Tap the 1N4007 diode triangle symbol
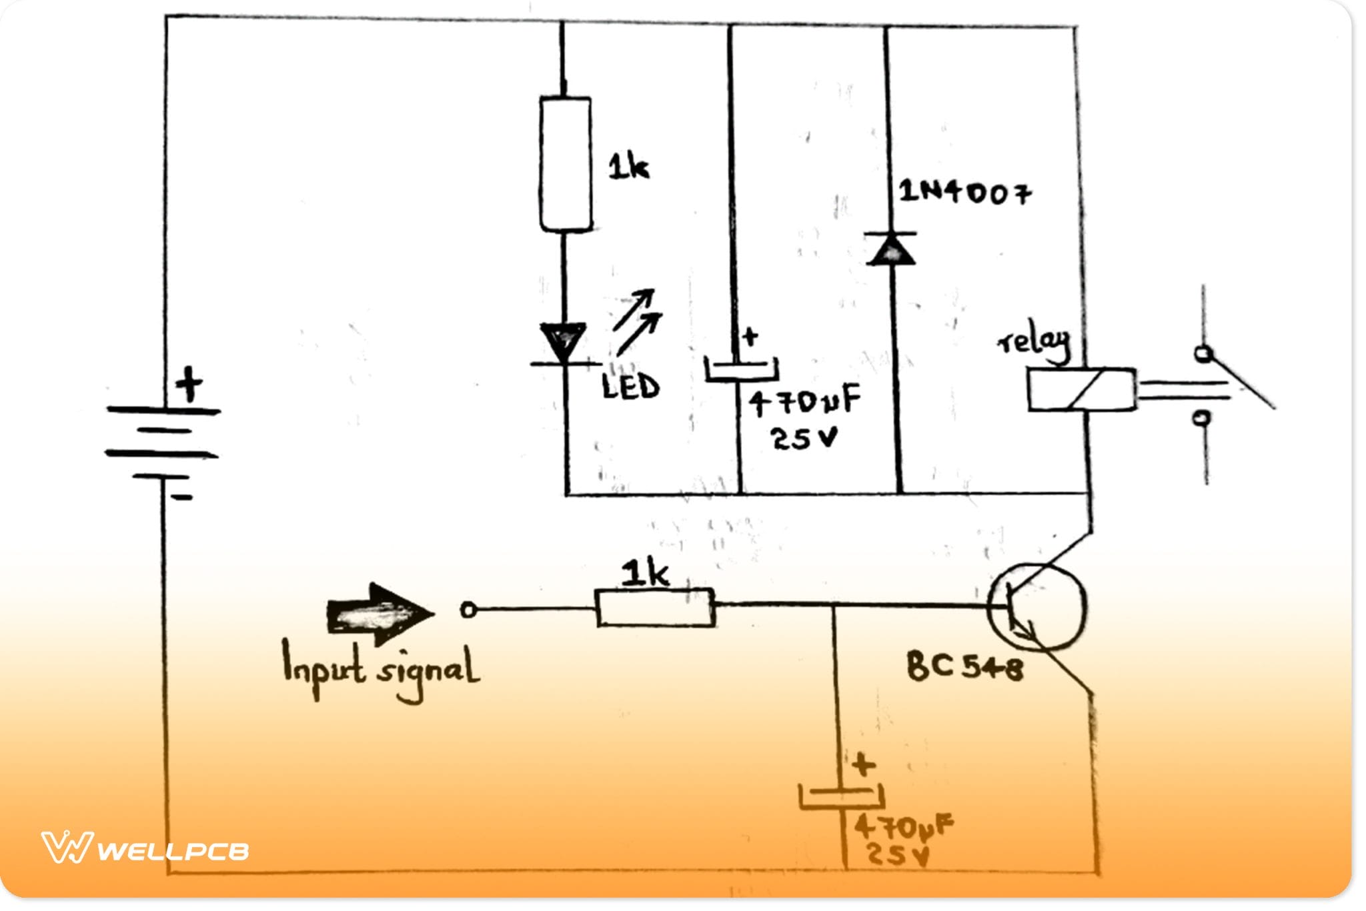(891, 249)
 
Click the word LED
(630, 387)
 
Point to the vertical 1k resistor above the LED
(565, 165)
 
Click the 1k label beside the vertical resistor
(628, 166)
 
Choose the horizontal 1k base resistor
(655, 608)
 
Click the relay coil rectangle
(1081, 390)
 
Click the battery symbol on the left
(163, 443)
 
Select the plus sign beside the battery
(189, 384)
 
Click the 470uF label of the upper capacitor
(804, 402)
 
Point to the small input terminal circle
(469, 610)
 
